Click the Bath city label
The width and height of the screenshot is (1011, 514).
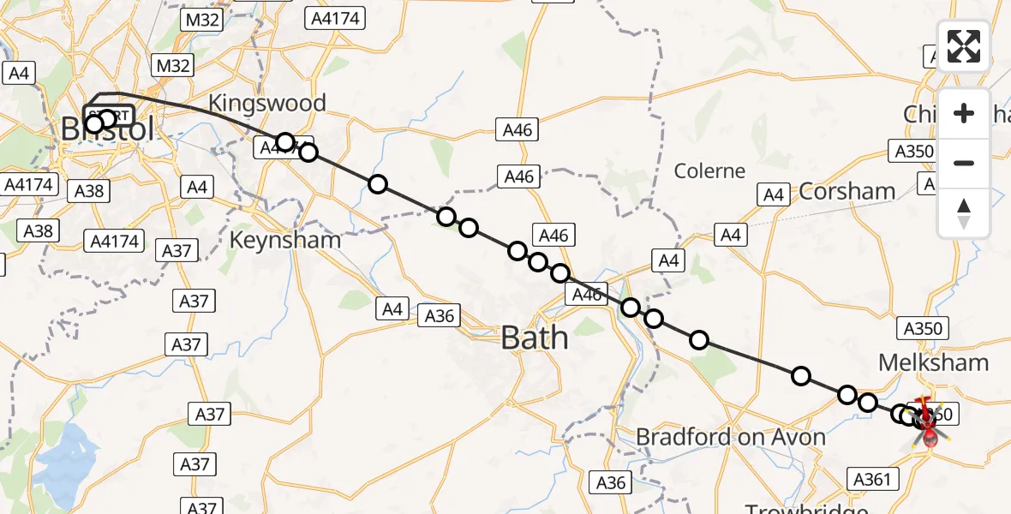click(534, 338)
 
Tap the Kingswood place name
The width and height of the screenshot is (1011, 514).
click(278, 104)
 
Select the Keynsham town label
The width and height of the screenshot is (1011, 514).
click(284, 240)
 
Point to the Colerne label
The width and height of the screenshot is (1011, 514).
click(709, 170)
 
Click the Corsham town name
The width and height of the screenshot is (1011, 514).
click(846, 191)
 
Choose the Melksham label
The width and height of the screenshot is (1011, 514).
click(933, 362)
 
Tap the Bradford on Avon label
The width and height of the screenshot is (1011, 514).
click(730, 437)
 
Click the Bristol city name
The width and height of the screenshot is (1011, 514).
click(108, 130)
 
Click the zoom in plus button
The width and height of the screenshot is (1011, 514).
click(964, 114)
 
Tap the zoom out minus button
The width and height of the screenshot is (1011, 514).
click(964, 163)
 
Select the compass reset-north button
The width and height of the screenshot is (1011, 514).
click(964, 212)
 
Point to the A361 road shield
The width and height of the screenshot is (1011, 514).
click(872, 480)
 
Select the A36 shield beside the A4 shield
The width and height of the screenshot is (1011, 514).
click(439, 316)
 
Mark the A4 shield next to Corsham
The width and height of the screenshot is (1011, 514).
click(774, 195)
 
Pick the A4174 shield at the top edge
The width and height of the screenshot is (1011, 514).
click(336, 17)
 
